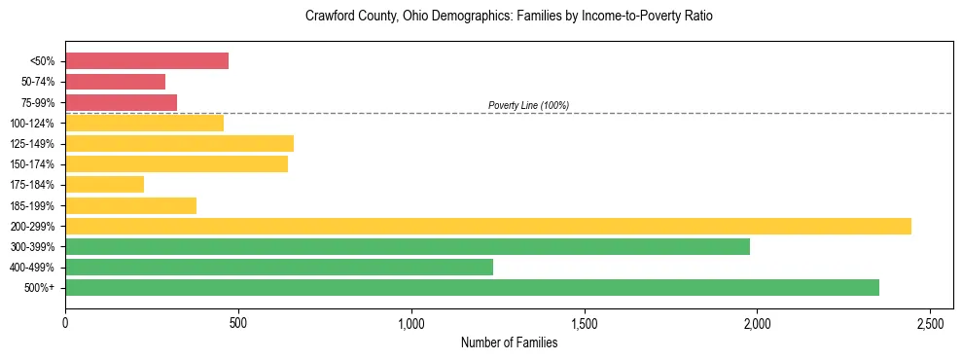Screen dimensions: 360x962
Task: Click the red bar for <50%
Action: (147, 61)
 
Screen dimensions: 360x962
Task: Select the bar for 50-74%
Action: (115, 82)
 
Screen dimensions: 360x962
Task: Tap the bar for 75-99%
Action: (121, 102)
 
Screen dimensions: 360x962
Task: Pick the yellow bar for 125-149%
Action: (179, 144)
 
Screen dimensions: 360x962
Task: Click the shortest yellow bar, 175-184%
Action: (104, 185)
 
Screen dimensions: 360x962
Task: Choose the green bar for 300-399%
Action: (408, 247)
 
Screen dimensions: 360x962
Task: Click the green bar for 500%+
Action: (472, 288)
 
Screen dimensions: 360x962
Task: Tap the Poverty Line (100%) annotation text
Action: (528, 105)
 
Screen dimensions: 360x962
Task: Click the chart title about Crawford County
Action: (509, 17)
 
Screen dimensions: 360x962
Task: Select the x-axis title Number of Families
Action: (509, 342)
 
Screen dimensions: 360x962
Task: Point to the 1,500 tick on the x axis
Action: (585, 322)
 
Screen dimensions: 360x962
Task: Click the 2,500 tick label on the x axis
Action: (931, 322)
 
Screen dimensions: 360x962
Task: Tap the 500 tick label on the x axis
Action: (238, 322)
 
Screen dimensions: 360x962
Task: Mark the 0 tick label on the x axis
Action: (65, 322)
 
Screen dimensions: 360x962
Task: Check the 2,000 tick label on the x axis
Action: (758, 322)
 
